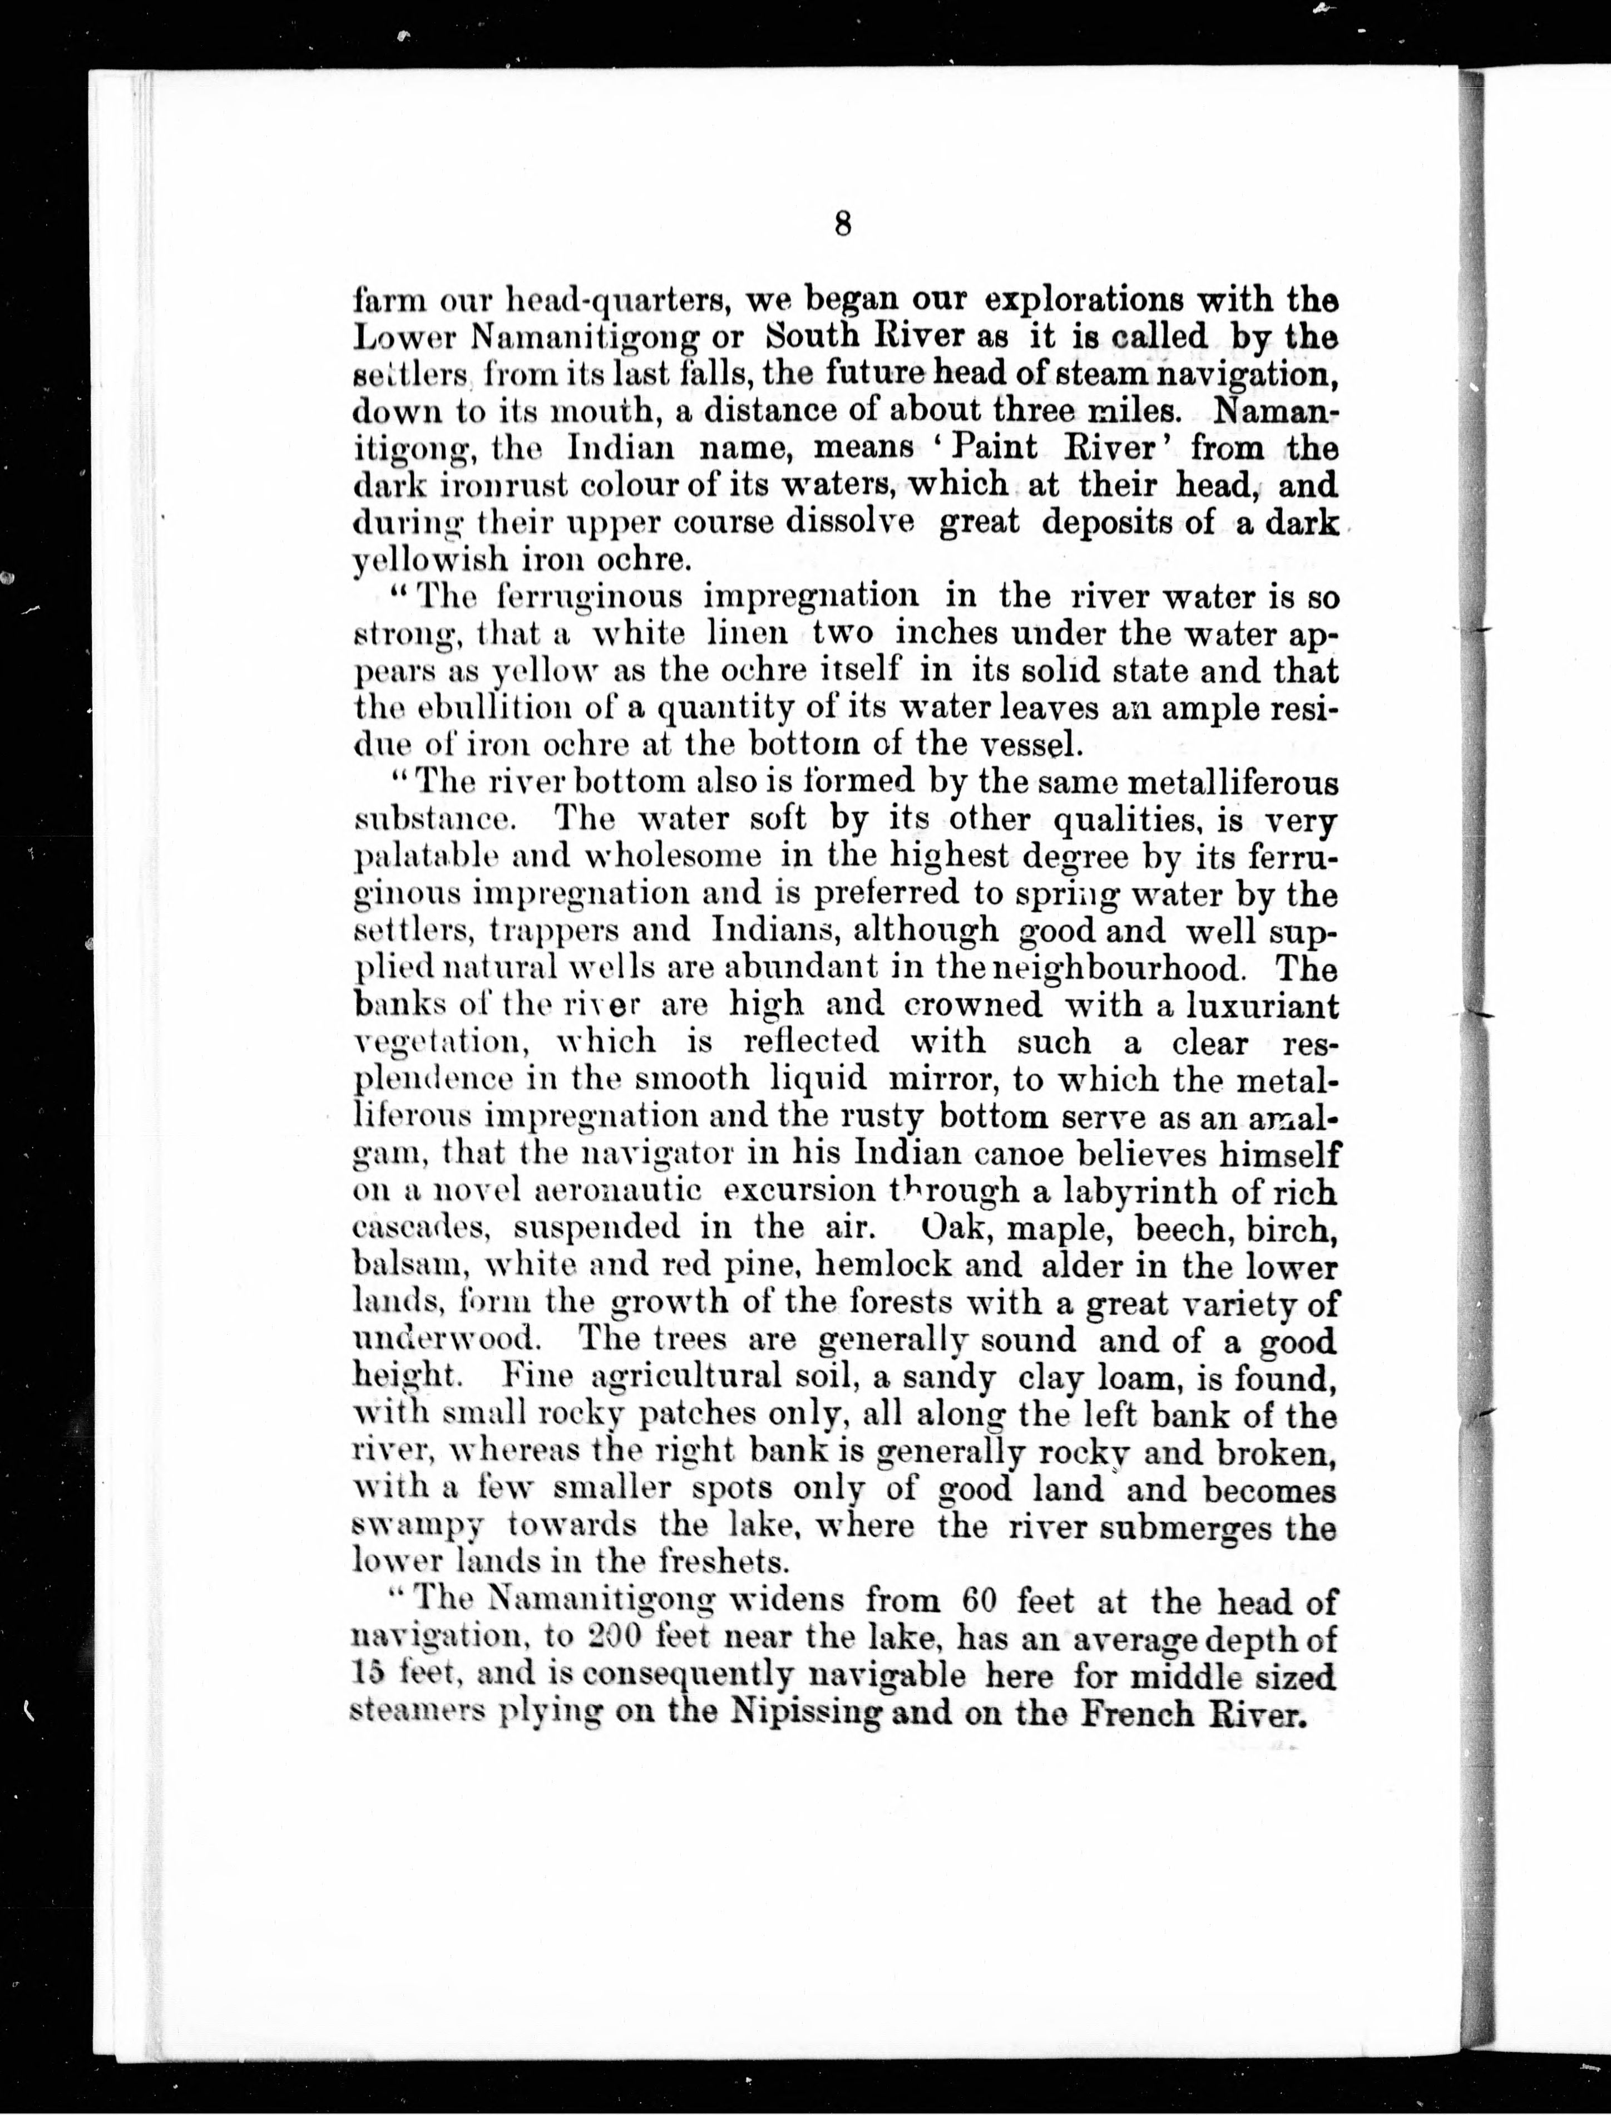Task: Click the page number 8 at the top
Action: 843,224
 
